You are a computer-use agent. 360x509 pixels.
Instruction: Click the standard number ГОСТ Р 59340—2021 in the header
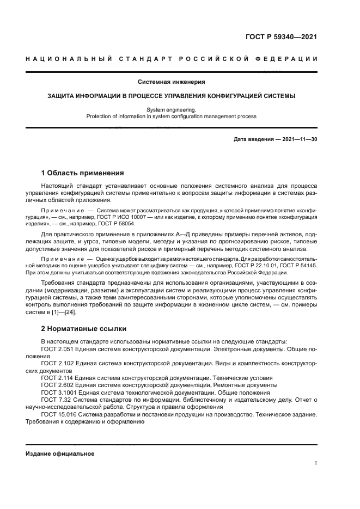(282, 37)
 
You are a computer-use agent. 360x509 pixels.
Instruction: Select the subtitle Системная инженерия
(171, 82)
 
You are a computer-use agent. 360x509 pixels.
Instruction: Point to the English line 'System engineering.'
(171, 109)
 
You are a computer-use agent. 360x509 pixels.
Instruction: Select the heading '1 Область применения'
(83, 173)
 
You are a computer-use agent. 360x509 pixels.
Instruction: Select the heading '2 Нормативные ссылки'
(84, 329)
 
